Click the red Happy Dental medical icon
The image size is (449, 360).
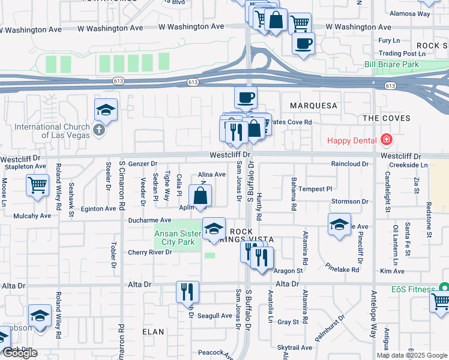point(387,140)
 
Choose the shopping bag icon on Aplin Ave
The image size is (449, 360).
point(200,195)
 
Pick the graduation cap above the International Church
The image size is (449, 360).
point(106,110)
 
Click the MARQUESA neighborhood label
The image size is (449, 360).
point(313,106)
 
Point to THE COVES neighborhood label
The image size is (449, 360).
point(387,118)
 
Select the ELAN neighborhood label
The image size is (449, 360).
point(154,331)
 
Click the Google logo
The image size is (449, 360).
point(20,353)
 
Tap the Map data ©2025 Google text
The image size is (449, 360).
point(412,355)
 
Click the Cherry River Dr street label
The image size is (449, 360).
point(149,252)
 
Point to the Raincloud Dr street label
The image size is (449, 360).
point(349,163)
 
